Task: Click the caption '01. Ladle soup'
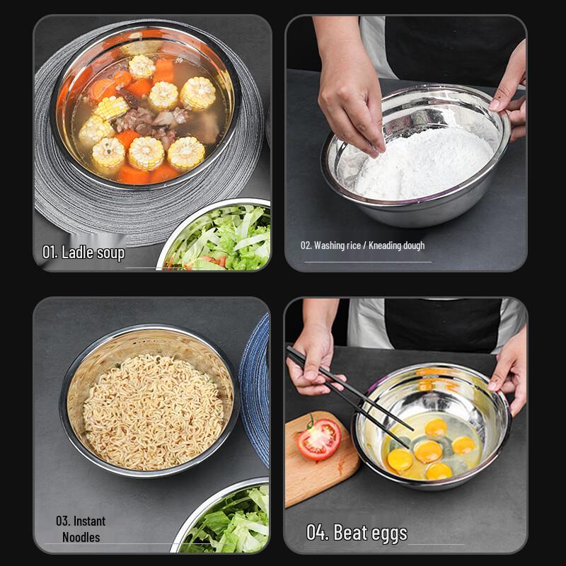(x=83, y=253)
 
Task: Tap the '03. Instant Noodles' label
(x=81, y=529)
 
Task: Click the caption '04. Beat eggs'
(x=357, y=532)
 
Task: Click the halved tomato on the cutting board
(x=318, y=439)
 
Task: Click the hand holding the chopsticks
(x=315, y=361)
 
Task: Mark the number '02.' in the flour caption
(x=306, y=246)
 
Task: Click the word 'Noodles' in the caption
(x=81, y=537)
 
